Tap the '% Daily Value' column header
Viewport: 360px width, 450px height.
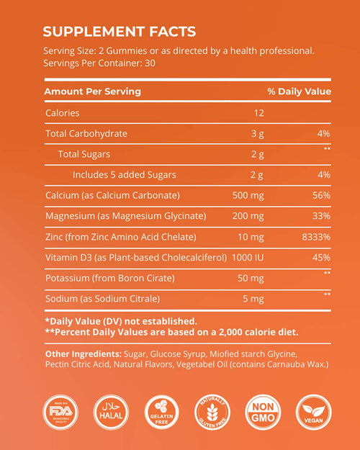tap(299, 91)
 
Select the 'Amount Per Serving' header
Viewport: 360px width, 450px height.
tap(92, 91)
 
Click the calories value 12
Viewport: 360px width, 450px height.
tap(258, 113)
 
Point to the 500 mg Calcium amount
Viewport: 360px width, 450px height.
tap(248, 195)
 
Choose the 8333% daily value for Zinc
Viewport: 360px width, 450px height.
tap(316, 236)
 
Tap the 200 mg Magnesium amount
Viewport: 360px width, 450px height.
tap(248, 216)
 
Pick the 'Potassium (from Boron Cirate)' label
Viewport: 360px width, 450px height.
tap(108, 277)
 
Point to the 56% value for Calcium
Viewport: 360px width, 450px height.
tap(321, 195)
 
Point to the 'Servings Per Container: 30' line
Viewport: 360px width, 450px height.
tap(100, 63)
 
